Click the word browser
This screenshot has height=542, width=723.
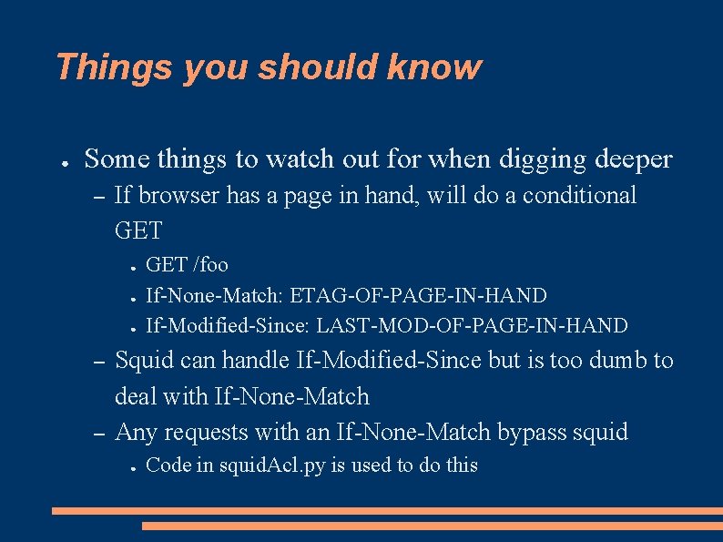pos(178,195)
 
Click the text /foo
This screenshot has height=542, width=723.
pos(211,265)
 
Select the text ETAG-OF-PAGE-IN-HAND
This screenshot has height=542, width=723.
pos(418,296)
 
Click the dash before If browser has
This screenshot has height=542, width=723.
pos(101,196)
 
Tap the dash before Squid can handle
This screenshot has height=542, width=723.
pos(101,362)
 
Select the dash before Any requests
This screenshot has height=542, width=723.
pos(101,433)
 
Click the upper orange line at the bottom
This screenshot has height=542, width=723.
pos(387,511)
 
